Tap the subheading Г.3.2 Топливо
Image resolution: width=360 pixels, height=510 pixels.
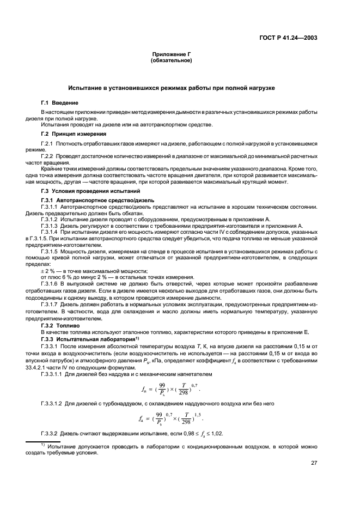click(x=63, y=325)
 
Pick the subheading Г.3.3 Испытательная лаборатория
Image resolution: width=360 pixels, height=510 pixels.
click(x=86, y=339)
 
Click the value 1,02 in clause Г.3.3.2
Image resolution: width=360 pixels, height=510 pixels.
click(x=213, y=433)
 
